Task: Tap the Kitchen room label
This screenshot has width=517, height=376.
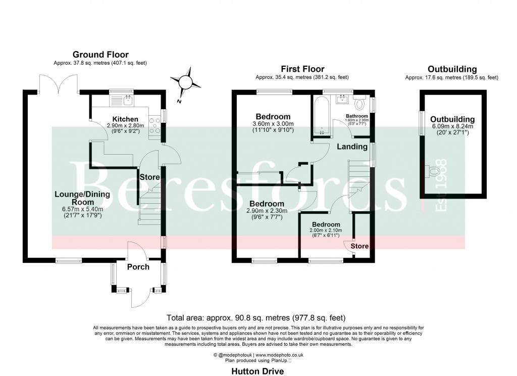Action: tap(125, 119)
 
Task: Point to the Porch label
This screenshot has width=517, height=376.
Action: tap(138, 266)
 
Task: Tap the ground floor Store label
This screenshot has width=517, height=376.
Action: tap(149, 177)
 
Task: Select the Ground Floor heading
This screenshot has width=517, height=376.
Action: tap(100, 55)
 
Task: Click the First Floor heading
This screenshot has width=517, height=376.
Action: tap(302, 69)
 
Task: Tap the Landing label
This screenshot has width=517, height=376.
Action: tap(352, 147)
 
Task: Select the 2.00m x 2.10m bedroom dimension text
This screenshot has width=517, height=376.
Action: tap(326, 230)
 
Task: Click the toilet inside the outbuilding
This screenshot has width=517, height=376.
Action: tap(431, 173)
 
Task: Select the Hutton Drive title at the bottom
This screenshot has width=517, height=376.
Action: tap(257, 371)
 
